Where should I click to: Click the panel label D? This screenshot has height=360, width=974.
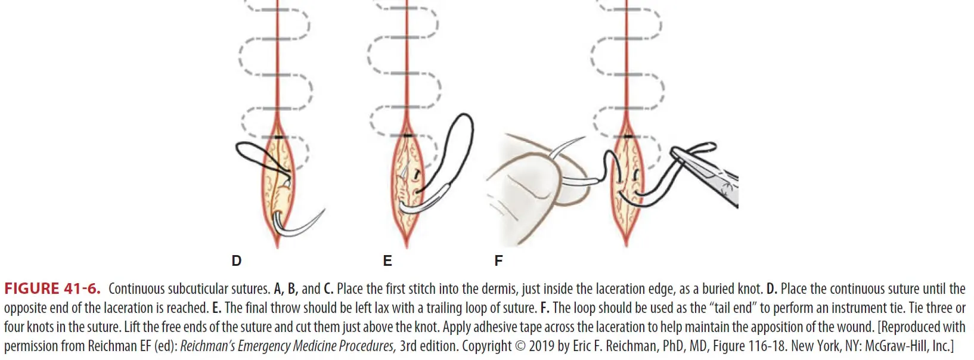coord(237,260)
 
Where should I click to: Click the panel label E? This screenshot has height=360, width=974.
coord(387,260)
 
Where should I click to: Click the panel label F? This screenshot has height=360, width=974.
coord(498,260)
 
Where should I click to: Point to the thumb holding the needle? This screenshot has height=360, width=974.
coord(525,179)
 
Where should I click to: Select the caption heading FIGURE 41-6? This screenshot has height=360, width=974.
coord(52,289)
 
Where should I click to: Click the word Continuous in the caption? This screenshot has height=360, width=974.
coord(137,289)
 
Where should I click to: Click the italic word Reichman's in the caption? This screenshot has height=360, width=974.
coord(208,346)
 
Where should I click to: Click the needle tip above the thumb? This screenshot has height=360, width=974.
coord(581,140)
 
